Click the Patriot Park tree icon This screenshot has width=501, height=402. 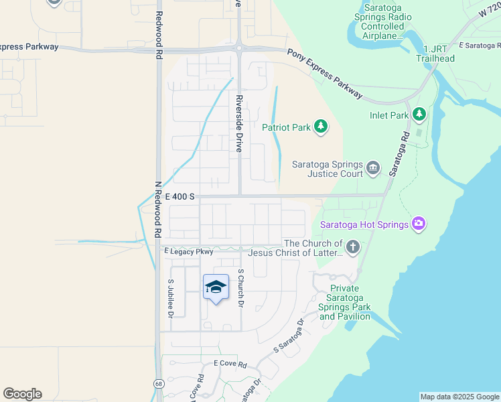tap(321, 127)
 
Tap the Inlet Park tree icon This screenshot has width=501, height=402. tap(419, 115)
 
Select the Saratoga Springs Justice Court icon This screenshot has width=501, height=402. tap(373, 167)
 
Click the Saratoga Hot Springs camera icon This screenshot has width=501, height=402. tap(419, 224)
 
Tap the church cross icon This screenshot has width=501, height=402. tap(352, 248)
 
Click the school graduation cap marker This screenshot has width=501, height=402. tap(216, 287)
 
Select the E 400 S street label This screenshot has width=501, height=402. tap(180, 196)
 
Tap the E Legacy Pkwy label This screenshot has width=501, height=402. tap(189, 252)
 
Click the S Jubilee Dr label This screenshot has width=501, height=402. tap(171, 297)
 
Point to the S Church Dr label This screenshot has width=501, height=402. tap(240, 288)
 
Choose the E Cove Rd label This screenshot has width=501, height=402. tap(230, 364)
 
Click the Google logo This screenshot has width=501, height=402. tap(22, 394)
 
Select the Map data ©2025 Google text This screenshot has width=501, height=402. tap(459, 397)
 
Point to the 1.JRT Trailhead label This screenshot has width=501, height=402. tap(439, 54)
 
